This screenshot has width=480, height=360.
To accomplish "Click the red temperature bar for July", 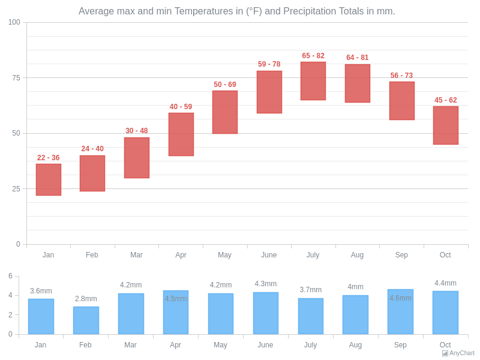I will click(x=313, y=81).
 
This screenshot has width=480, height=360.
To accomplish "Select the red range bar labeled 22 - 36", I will click(x=49, y=179).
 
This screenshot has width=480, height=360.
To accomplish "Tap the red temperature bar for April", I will click(x=181, y=134).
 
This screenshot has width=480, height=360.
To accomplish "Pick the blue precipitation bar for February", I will click(x=86, y=320).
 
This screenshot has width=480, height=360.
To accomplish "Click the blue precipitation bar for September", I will click(x=400, y=312).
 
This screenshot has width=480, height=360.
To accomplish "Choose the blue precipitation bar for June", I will click(x=266, y=313).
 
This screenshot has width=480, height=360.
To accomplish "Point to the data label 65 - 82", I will click(x=313, y=56).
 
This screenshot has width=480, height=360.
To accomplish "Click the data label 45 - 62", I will click(x=446, y=100).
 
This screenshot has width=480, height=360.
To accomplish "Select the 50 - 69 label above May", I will click(x=225, y=85).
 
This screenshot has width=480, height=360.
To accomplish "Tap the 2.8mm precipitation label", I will click(x=86, y=299).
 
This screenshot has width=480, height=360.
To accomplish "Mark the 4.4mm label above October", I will click(x=445, y=283).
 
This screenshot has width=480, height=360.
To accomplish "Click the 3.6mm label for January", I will click(x=41, y=291).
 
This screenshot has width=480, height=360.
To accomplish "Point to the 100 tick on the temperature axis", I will click(x=14, y=22).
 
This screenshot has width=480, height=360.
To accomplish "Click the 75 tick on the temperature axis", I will click(x=16, y=78).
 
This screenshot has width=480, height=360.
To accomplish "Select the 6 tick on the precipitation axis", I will click(x=10, y=276).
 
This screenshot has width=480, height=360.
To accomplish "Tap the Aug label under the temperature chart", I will click(x=357, y=255).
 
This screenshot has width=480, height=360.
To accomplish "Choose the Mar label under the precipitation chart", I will click(x=130, y=345).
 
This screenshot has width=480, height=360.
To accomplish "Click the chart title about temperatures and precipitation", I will click(x=237, y=11).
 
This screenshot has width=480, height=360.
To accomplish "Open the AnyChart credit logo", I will click(x=458, y=353).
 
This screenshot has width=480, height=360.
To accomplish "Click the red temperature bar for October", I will click(x=446, y=125).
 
